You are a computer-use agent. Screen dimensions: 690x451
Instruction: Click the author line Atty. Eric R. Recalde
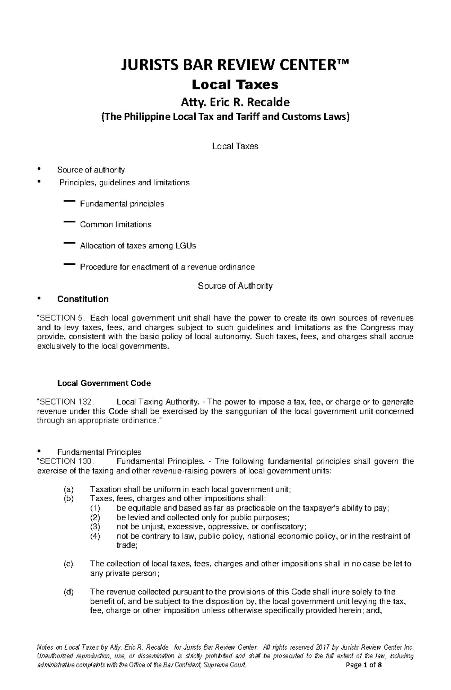click(x=235, y=102)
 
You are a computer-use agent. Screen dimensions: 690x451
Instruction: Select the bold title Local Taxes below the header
click(x=235, y=85)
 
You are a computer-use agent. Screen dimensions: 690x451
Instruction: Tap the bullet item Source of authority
click(x=91, y=170)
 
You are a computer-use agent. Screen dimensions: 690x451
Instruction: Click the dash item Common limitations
click(x=115, y=224)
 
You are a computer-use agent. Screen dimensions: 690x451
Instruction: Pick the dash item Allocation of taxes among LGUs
click(x=138, y=246)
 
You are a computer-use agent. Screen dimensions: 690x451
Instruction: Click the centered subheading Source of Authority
click(x=235, y=286)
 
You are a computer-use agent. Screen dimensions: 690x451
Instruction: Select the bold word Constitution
click(x=83, y=299)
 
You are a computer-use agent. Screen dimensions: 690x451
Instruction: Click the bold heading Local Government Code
click(x=104, y=383)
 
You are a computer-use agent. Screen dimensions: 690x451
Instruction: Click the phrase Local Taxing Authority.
click(x=157, y=402)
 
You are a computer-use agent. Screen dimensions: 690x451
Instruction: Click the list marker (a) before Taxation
click(x=69, y=490)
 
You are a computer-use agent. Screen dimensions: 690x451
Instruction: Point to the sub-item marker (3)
click(x=95, y=526)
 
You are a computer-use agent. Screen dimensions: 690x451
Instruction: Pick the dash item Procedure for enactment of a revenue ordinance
click(x=167, y=267)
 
